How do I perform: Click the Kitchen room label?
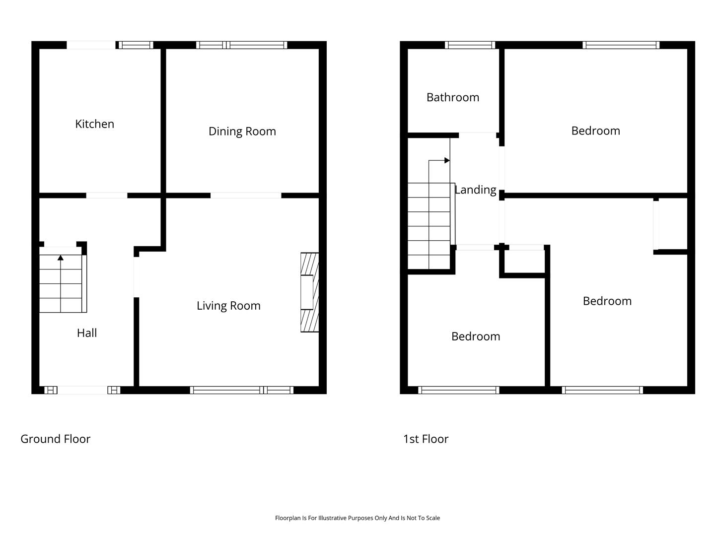tap(94, 124)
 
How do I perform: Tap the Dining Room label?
tap(242, 131)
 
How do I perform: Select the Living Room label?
tap(228, 306)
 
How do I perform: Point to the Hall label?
tap(87, 333)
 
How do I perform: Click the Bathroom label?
tap(453, 97)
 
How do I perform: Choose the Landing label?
tap(475, 190)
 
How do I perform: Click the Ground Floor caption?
tap(56, 439)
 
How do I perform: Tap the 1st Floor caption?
tap(426, 439)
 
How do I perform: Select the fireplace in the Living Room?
tap(309, 292)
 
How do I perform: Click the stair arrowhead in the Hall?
tap(61, 258)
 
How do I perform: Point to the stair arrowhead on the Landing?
tap(447, 160)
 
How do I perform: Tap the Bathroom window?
tap(470, 45)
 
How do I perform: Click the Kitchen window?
tap(136, 45)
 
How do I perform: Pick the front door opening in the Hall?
tap(82, 390)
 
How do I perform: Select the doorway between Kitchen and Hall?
tap(107, 195)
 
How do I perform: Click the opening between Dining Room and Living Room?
tap(246, 195)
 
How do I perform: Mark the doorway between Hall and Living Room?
tap(137, 277)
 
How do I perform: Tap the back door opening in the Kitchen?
tap(91, 45)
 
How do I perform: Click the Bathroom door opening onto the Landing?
tap(478, 134)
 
